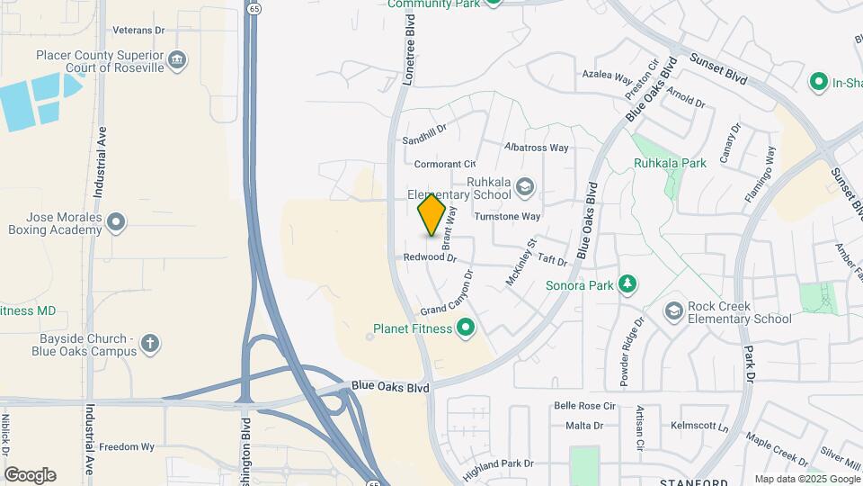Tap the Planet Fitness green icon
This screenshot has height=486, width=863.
pos(466,328)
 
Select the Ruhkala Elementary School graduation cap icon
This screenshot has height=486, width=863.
pos(525,187)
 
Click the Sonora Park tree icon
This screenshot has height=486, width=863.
pos(627,286)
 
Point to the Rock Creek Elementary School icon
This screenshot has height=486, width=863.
pos(673,311)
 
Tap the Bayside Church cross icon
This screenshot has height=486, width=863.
pos(150,342)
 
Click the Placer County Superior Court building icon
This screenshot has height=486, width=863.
pos(178,60)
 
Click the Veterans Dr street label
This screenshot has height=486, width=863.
pos(139,30)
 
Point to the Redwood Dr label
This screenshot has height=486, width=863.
pos(430,257)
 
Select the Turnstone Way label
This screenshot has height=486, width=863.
pos(507,216)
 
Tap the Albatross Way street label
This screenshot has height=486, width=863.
pos(537,147)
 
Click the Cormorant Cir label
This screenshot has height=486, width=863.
pos(445,164)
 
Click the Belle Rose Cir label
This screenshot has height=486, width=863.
pos(584,406)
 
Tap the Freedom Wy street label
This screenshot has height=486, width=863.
pos(127,446)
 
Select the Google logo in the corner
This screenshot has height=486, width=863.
pos(30,475)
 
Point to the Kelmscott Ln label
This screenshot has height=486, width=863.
pos(698,425)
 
